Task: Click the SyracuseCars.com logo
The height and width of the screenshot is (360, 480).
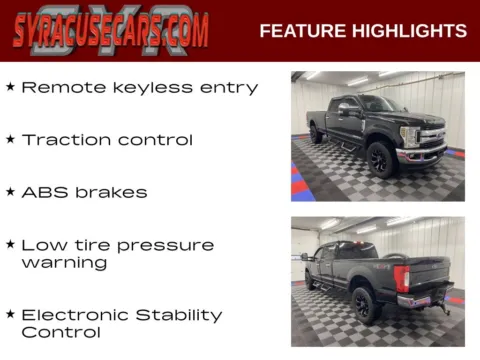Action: point(111,30)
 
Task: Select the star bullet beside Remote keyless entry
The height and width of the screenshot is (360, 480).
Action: point(10,87)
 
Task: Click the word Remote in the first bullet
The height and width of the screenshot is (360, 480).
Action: point(56,87)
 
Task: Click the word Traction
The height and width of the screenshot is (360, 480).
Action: point(63,139)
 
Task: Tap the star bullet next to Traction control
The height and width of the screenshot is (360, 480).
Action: point(10,139)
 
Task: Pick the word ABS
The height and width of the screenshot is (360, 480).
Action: point(42,191)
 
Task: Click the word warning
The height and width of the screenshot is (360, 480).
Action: point(64,263)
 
